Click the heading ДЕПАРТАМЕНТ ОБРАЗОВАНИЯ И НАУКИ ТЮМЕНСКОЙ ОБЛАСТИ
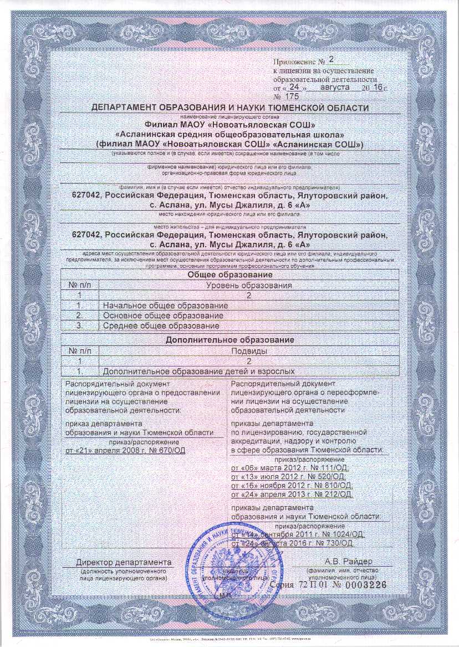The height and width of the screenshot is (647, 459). tap(229, 107)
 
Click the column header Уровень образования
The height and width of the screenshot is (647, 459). tap(249, 286)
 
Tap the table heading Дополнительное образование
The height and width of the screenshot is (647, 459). tap(229, 340)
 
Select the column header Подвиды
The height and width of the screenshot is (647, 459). tap(249, 350)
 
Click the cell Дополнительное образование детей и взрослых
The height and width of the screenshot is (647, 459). tap(198, 371)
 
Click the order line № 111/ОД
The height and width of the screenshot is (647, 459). tap(288, 468)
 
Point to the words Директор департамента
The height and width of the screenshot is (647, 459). tap(124, 563)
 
